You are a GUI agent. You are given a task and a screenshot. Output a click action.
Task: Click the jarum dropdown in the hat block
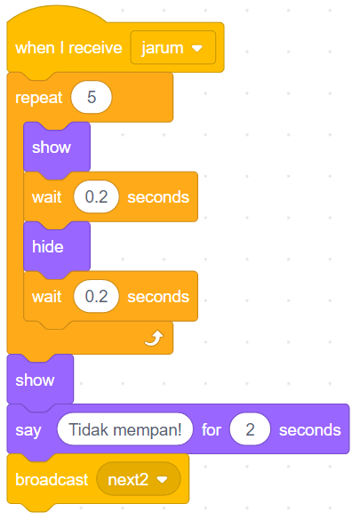[173, 47]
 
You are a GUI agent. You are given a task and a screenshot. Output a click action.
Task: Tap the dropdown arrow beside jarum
[197, 48]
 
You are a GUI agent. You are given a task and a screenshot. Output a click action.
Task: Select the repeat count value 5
[92, 97]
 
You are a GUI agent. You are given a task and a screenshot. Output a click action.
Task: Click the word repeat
[39, 98]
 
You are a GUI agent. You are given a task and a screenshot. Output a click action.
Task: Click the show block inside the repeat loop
[57, 148]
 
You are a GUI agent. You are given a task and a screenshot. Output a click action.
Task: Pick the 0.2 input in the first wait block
[96, 196]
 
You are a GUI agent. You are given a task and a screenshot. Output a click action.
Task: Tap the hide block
[57, 247]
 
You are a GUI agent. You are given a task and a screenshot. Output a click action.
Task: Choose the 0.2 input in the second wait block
[96, 296]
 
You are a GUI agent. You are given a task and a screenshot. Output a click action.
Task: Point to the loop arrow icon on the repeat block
[154, 338]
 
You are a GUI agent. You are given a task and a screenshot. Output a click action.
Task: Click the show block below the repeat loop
[40, 380]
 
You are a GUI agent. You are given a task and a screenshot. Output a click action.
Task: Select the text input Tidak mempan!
[125, 429]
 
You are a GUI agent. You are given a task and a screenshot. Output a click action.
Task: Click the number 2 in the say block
[251, 429]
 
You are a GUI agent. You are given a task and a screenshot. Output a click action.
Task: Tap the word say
[28, 430]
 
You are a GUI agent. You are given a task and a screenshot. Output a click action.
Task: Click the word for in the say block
[212, 430]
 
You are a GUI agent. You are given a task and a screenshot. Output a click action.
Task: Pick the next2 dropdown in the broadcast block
[139, 479]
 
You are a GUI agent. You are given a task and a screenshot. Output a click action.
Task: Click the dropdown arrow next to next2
[162, 480]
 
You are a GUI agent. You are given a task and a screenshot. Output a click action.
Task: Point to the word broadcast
[52, 479]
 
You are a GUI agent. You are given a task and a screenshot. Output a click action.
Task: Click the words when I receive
[68, 48]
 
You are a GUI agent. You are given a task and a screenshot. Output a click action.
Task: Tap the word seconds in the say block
[310, 430]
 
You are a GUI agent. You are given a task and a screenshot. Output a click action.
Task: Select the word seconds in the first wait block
[158, 197]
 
